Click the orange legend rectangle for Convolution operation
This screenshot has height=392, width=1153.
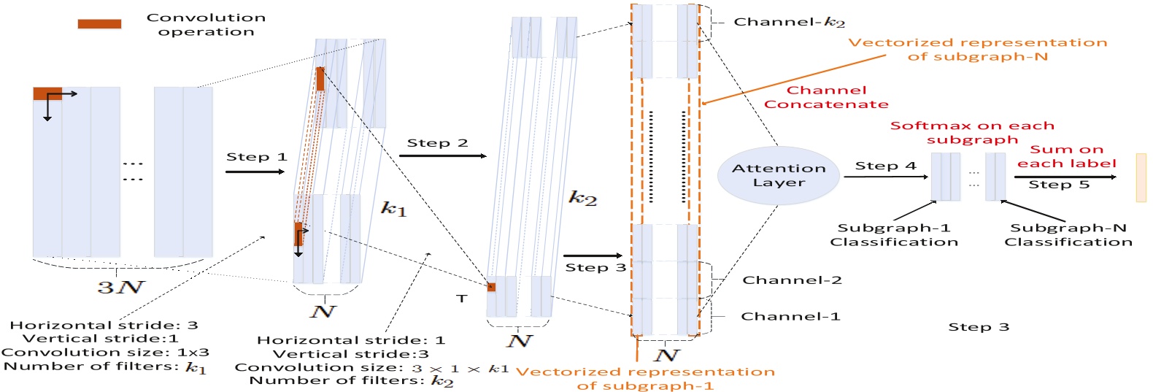click(99, 24)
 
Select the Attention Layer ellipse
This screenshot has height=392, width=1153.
click(779, 176)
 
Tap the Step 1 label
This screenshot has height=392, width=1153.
click(256, 157)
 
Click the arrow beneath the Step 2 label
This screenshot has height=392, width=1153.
click(442, 155)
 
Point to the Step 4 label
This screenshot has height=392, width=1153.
click(885, 166)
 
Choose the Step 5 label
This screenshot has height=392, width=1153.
click(1059, 184)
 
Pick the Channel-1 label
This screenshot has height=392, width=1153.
click(790, 316)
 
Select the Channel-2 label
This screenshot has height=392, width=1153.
click(792, 280)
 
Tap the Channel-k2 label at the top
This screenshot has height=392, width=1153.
click(789, 22)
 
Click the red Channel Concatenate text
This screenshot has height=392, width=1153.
click(826, 97)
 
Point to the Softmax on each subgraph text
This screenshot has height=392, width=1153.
click(972, 132)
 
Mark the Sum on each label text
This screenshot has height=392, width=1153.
click(1066, 156)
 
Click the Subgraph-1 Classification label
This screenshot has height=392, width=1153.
click(894, 234)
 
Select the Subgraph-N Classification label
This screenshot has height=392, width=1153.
click(1068, 234)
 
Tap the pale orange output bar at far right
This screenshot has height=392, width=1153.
click(1141, 177)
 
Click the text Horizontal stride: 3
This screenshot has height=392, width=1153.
click(104, 325)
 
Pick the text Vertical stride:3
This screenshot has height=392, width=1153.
click(351, 353)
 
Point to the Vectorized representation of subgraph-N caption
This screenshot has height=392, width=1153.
click(977, 49)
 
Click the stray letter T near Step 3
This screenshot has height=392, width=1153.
click(461, 299)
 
